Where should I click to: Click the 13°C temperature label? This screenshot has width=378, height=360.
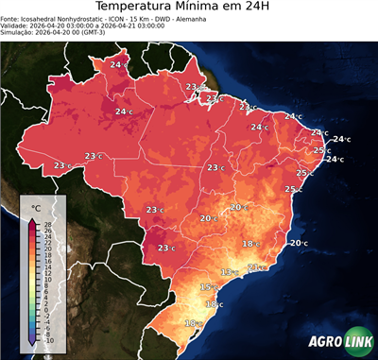pyautogui.click(x=229, y=272)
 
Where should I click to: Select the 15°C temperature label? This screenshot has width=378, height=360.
pyautogui.click(x=208, y=286)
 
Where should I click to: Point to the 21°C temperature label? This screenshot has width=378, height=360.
pyautogui.click(x=253, y=267)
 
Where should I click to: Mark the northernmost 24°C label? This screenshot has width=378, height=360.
pyautogui.click(x=119, y=64)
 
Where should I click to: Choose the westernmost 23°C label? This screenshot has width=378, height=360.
pyautogui.click(x=62, y=165)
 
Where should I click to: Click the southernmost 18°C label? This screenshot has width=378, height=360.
pyautogui.click(x=193, y=323)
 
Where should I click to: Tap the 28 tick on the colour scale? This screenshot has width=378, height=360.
pyautogui.click(x=48, y=223)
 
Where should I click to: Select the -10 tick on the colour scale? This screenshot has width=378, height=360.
pyautogui.click(x=48, y=340)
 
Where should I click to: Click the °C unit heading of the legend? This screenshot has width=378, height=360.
pyautogui.click(x=36, y=207)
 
